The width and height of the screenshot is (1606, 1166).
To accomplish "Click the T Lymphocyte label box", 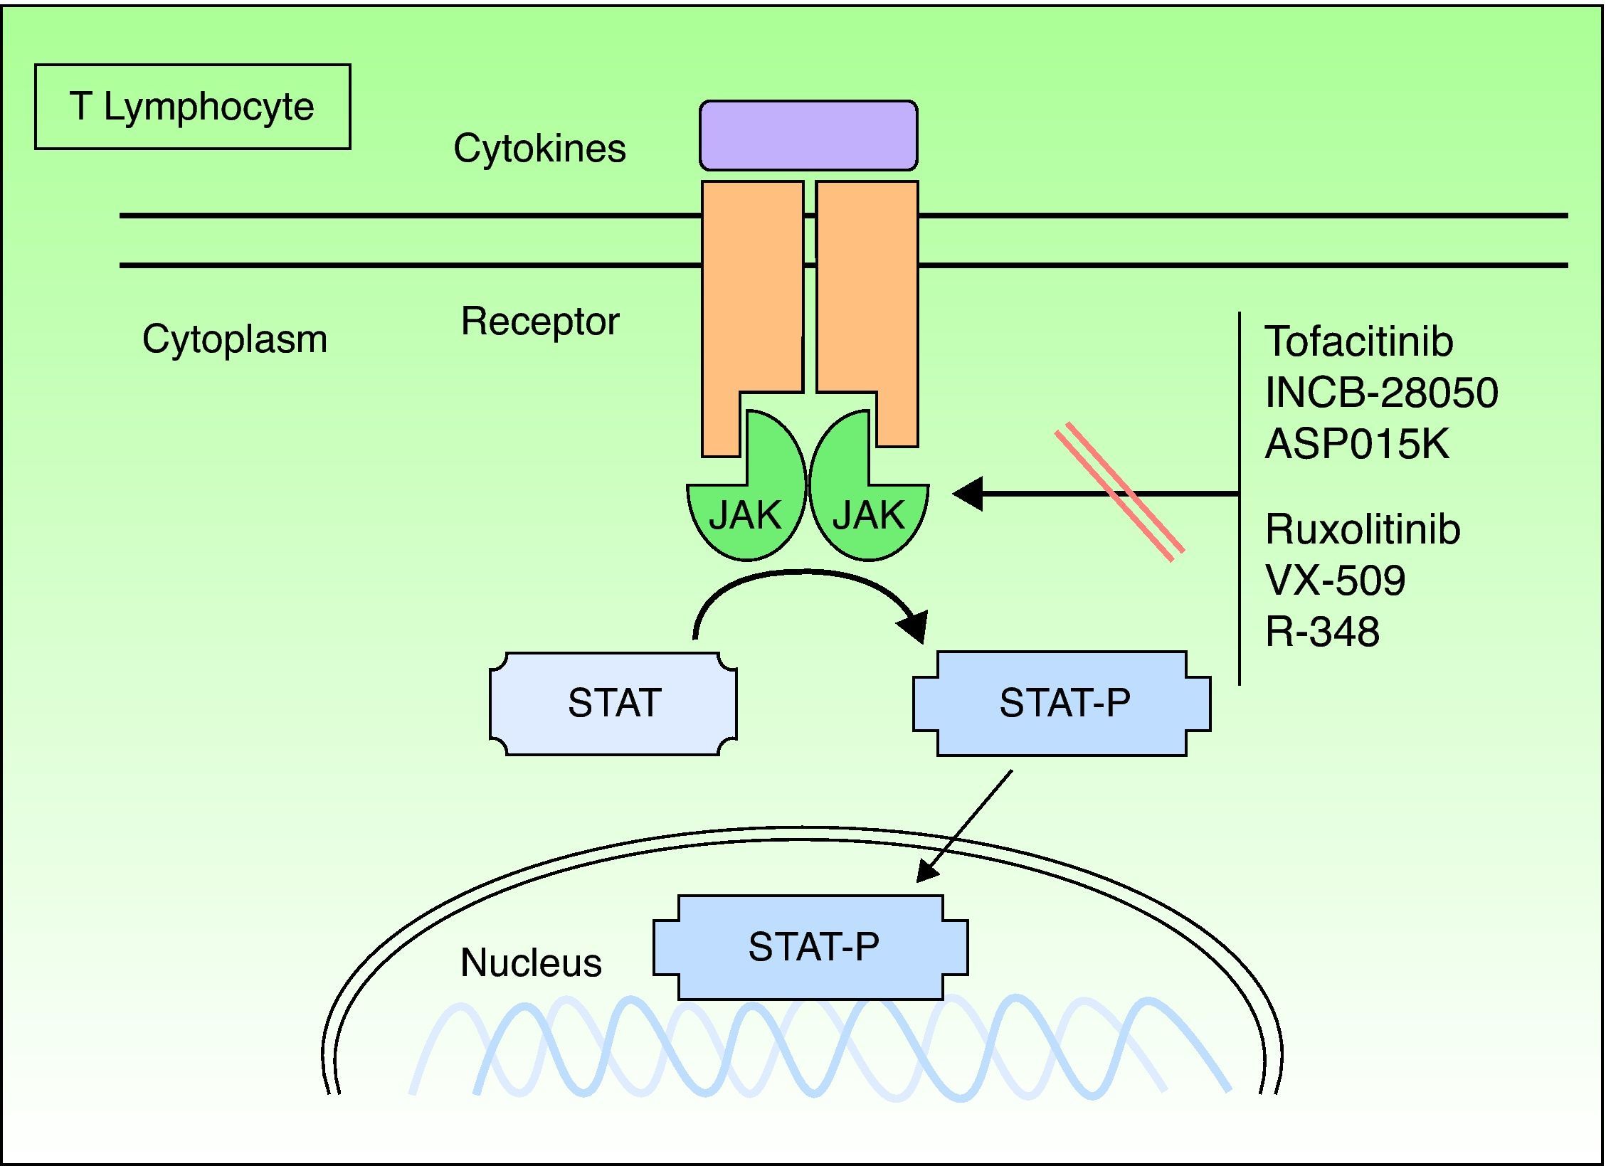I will click(192, 107).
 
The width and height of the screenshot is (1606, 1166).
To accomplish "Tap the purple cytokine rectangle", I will click(808, 135).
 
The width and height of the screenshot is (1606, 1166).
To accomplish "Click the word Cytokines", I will click(539, 149).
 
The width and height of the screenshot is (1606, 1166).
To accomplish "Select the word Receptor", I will click(540, 322).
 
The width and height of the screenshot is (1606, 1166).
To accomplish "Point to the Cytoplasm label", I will click(235, 339).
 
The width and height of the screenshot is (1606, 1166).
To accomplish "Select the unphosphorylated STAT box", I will click(613, 703).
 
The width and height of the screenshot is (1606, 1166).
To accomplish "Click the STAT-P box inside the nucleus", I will click(811, 947).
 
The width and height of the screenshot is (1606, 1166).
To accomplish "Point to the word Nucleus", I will click(531, 963).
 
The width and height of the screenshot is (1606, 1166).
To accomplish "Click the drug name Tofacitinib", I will click(1358, 341).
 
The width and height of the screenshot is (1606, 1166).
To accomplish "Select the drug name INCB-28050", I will click(1381, 392).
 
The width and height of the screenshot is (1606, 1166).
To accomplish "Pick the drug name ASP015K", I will click(1356, 444).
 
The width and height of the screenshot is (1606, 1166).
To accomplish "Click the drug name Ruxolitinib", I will click(1362, 529).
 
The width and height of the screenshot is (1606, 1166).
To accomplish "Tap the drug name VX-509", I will click(1335, 581).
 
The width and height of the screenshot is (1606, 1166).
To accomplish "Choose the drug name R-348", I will click(1322, 632).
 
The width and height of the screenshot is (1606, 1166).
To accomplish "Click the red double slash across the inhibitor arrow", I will click(1119, 492).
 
